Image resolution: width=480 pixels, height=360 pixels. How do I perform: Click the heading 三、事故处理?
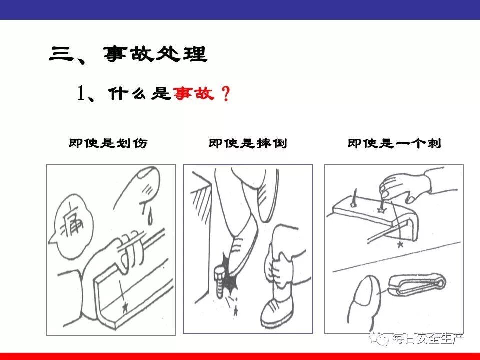(128, 55)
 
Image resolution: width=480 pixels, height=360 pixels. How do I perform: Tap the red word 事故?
(194, 93)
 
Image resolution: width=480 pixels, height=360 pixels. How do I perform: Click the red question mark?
(226, 93)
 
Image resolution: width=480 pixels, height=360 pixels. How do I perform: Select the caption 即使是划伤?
(108, 143)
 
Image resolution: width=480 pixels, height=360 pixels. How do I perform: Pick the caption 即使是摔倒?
(248, 143)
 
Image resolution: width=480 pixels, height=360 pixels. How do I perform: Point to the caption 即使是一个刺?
(394, 143)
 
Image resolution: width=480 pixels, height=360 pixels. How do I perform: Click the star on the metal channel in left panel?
(124, 307)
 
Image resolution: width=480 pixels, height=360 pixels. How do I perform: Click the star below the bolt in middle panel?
(235, 311)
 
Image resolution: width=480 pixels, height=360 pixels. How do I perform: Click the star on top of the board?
(381, 210)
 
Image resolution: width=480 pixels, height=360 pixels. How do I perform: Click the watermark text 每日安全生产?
(428, 338)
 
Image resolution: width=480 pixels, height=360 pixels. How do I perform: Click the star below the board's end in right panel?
(399, 244)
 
